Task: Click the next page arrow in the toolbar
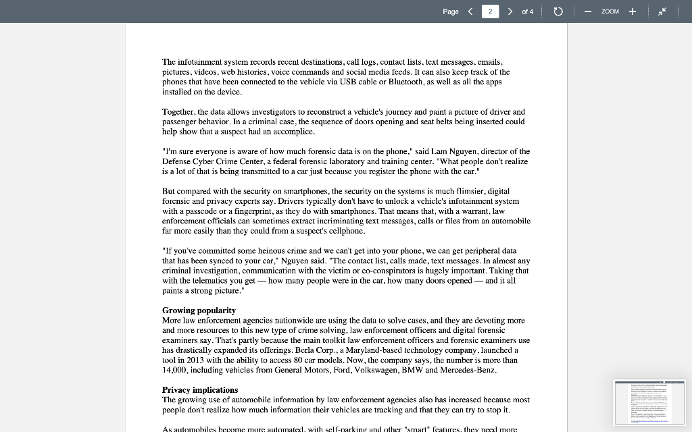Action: tap(510, 11)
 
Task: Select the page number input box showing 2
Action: tap(490, 11)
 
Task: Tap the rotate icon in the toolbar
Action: tap(558, 11)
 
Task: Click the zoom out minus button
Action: tap(588, 11)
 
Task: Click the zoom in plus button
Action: tap(633, 11)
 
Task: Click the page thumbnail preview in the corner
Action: tap(649, 402)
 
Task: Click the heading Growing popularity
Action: tap(199, 310)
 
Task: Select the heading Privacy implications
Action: tap(200, 390)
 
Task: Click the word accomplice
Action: tap(291, 132)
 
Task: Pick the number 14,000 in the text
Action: tap(176, 370)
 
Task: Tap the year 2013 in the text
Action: tap(200, 360)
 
